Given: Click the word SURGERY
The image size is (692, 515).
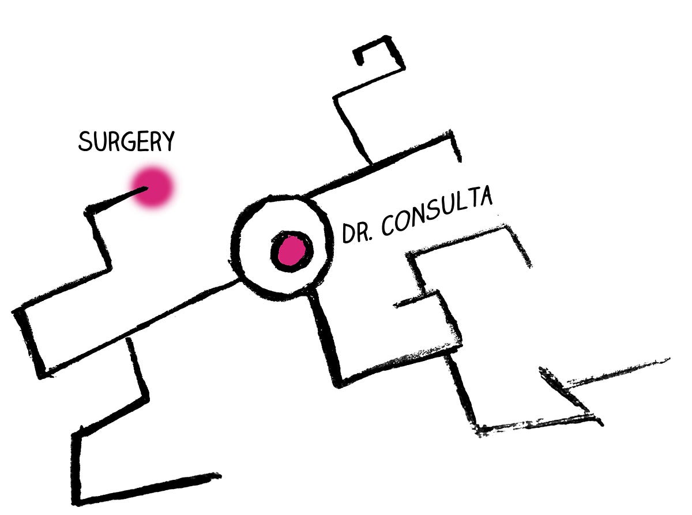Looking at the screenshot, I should tap(126, 141).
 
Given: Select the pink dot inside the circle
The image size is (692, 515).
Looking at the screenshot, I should tap(291, 251).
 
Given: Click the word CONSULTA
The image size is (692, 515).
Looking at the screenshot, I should tap(437, 211).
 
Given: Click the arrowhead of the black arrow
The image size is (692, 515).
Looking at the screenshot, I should tap(551, 378).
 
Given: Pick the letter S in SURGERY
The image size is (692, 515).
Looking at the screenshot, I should tap(85, 142).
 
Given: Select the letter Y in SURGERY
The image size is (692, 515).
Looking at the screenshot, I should tap(168, 141).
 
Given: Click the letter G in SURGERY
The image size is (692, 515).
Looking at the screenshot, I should tap(126, 141).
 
